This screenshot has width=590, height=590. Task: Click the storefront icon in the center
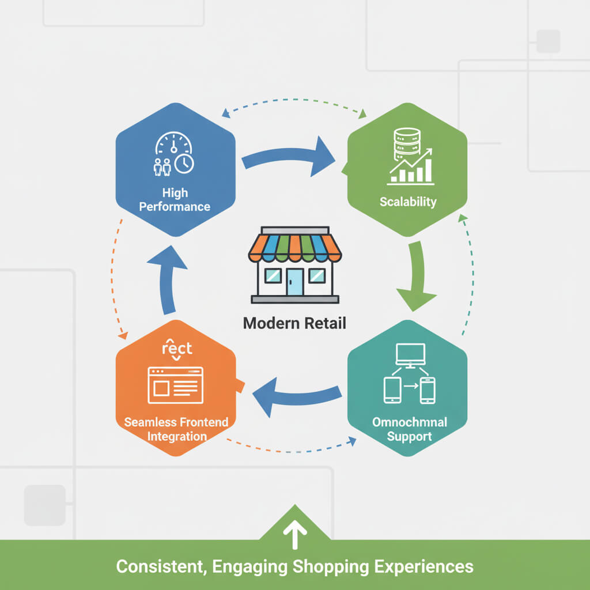click(x=294, y=265)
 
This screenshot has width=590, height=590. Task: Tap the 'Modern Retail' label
click(x=294, y=323)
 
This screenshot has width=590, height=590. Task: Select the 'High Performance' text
click(x=175, y=199)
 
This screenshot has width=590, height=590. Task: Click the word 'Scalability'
click(x=408, y=202)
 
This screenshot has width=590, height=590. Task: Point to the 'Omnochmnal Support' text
click(x=409, y=429)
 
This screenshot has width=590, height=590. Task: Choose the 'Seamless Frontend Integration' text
click(x=176, y=429)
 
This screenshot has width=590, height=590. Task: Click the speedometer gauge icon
click(x=173, y=143)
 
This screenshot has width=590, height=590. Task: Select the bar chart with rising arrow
click(x=413, y=168)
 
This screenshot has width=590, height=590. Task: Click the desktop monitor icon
click(x=410, y=355)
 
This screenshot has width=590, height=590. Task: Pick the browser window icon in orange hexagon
click(x=176, y=385)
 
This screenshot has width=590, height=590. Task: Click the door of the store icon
click(x=295, y=282)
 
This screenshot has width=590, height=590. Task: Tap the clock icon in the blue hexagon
click(x=184, y=164)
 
